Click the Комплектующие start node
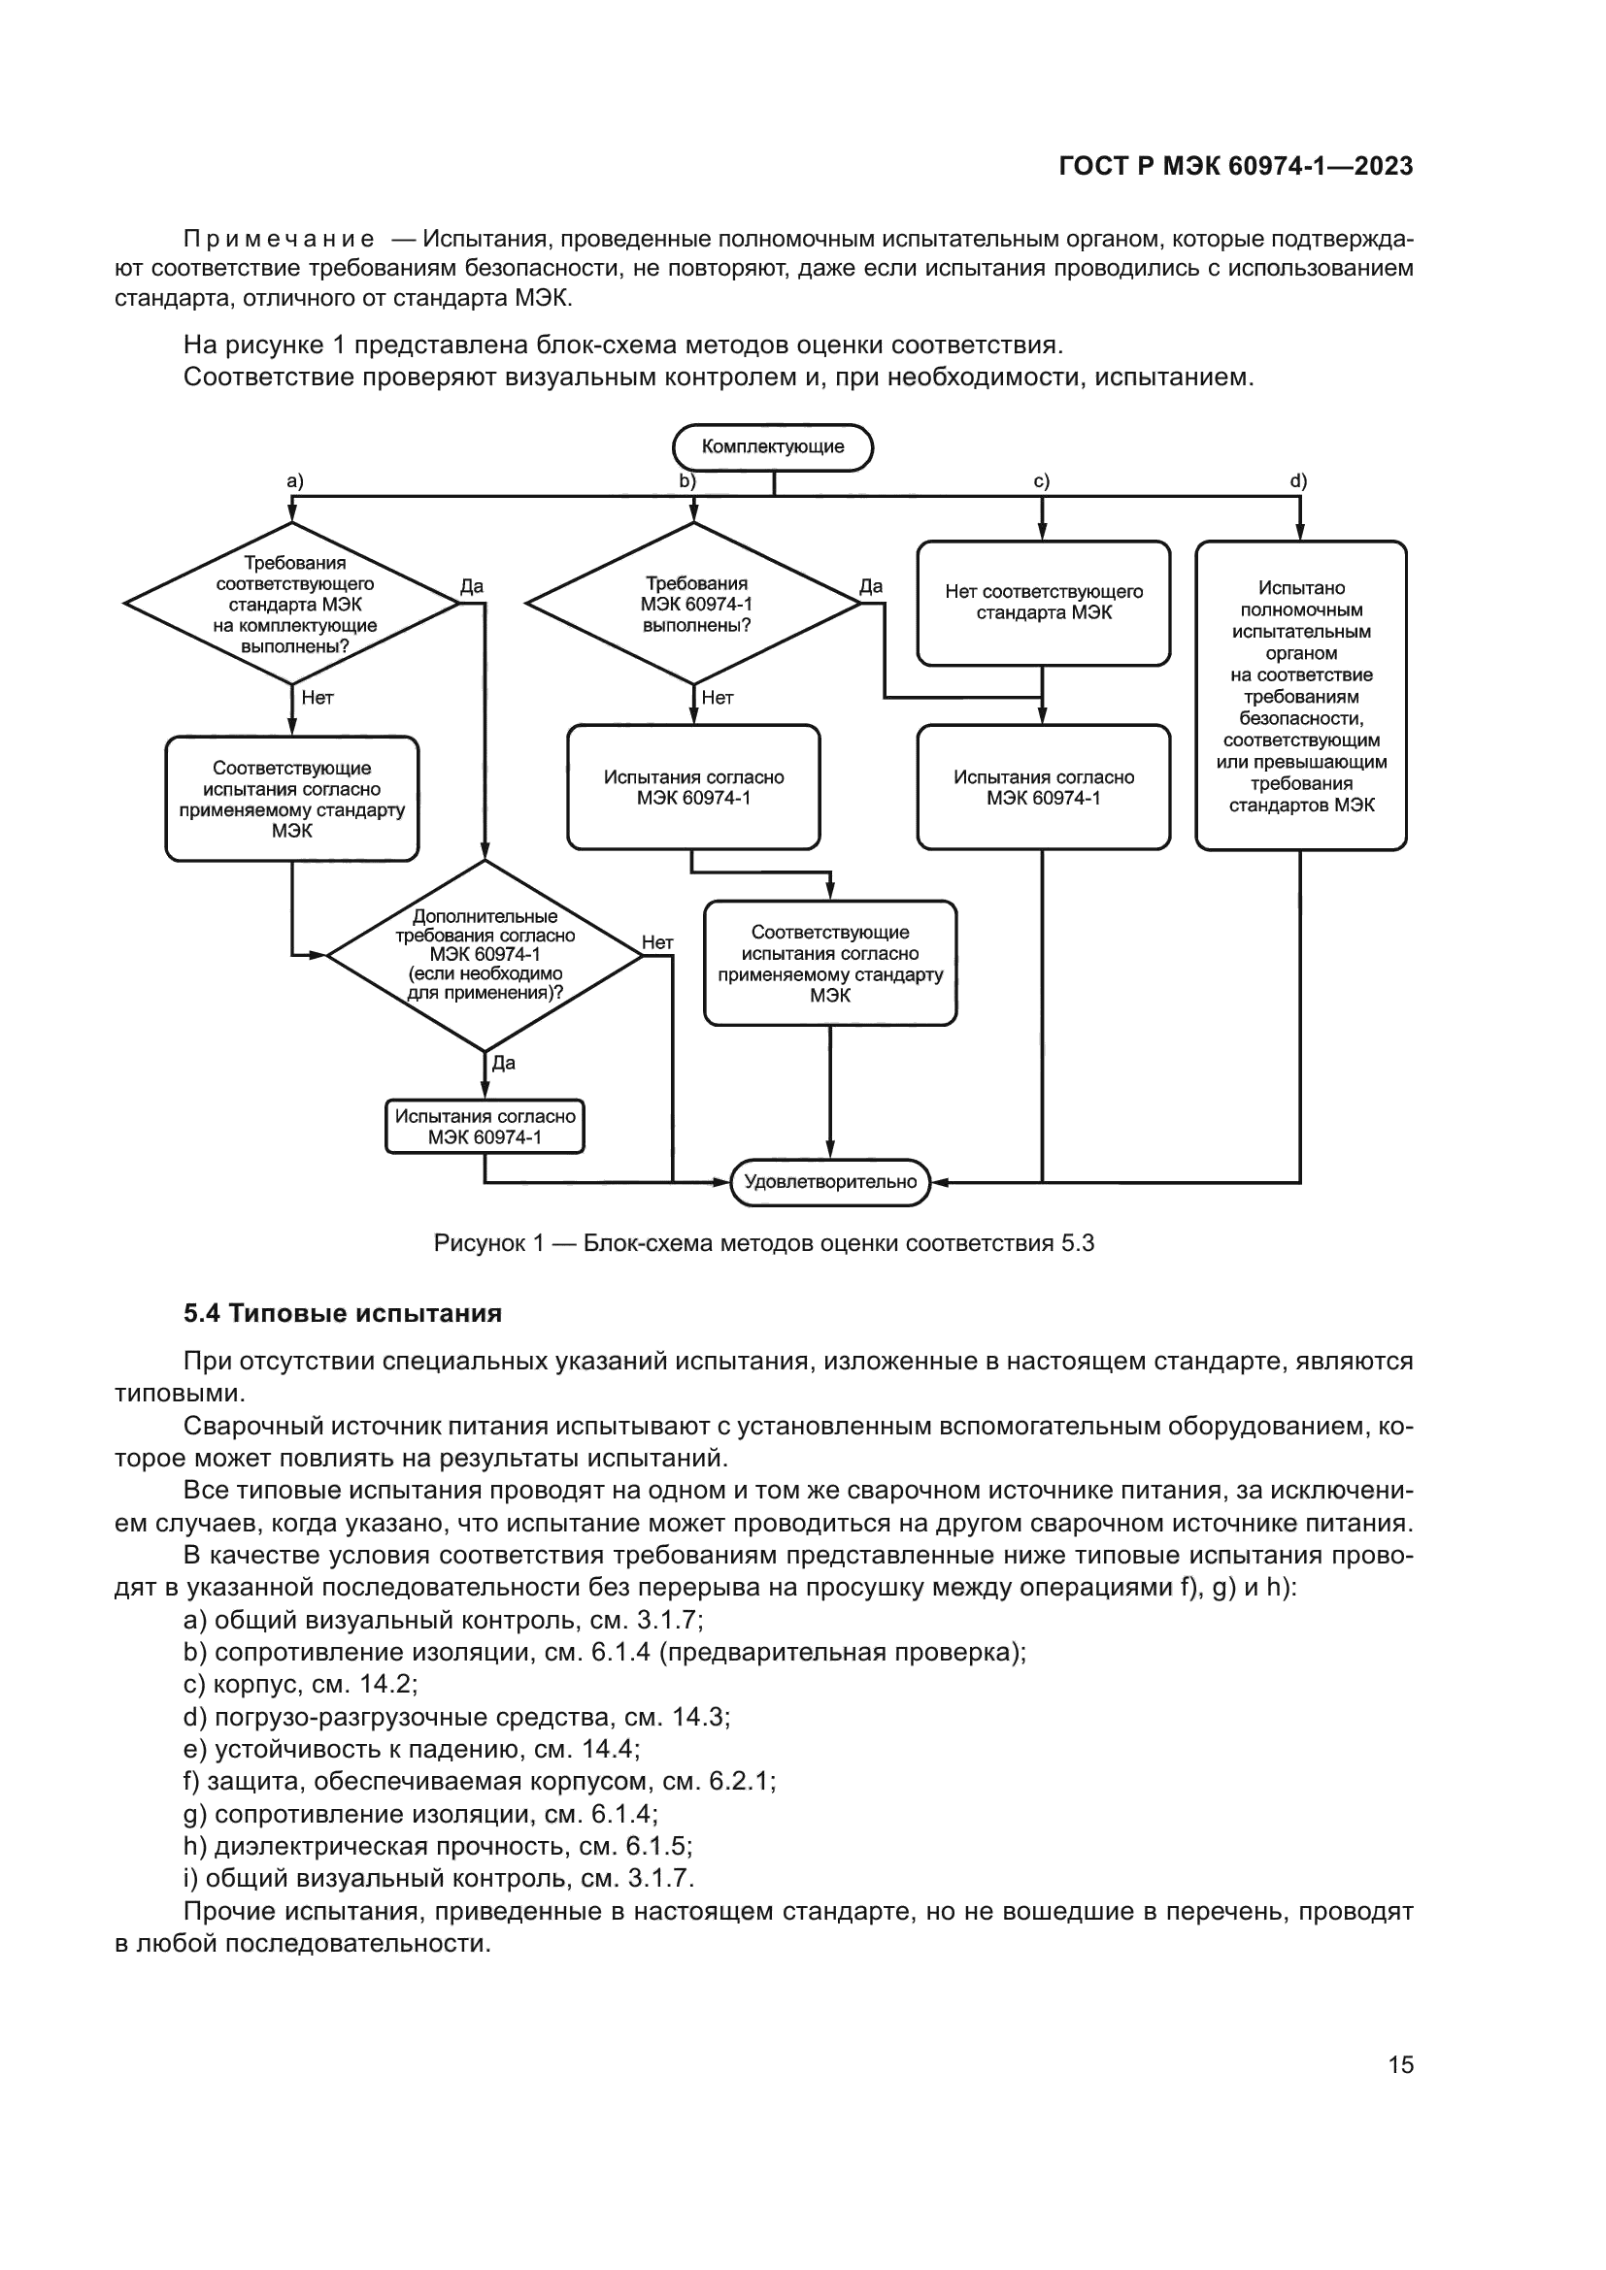click(x=772, y=446)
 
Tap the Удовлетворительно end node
click(x=829, y=1181)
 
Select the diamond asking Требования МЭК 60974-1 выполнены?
click(x=694, y=603)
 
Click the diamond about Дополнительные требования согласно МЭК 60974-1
click(x=485, y=955)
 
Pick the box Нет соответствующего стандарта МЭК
click(x=1043, y=602)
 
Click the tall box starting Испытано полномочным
click(x=1300, y=695)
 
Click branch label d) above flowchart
click(x=1298, y=481)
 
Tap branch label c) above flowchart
click(x=1041, y=481)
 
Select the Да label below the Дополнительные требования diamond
click(x=503, y=1064)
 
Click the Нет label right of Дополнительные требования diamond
click(x=657, y=942)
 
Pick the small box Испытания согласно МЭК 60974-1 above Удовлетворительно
click(x=485, y=1126)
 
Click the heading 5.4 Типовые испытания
click(x=342, y=1313)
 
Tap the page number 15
click(x=1400, y=2064)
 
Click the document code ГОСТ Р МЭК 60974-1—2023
click(x=1235, y=167)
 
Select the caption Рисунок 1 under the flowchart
click(x=763, y=1243)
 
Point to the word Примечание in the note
click(x=279, y=240)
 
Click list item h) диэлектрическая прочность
click(x=437, y=1846)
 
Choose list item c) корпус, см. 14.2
click(x=301, y=1684)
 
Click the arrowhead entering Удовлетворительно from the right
click(x=939, y=1181)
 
